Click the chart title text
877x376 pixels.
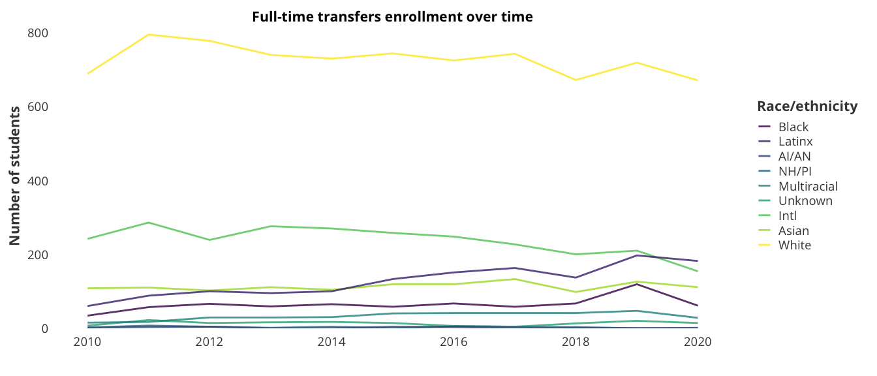392,17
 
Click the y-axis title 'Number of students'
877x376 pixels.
14,175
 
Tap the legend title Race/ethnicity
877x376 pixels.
807,106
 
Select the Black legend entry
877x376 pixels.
793,127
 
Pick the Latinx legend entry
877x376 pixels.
795,142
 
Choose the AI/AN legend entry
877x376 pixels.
794,157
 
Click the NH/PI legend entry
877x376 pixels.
795,171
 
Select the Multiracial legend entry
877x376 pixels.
808,186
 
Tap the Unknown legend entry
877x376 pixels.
805,201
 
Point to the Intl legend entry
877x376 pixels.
788,216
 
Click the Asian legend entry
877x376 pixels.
793,231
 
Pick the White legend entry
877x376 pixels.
795,245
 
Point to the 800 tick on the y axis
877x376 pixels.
38,33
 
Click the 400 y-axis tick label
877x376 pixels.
38,181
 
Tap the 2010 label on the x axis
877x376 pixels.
88,343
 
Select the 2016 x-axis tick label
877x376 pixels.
454,343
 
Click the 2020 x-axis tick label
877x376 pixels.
698,343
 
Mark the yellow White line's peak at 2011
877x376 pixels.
149,35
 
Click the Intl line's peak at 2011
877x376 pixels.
149,223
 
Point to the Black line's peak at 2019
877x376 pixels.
637,284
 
